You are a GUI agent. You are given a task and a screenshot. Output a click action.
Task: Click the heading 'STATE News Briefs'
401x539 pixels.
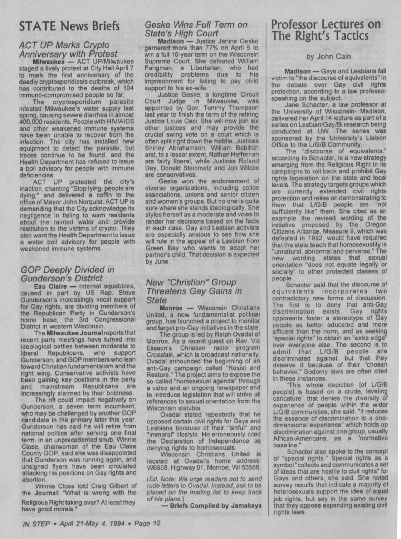69,26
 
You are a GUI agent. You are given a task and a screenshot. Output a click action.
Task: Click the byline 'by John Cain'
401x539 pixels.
328,56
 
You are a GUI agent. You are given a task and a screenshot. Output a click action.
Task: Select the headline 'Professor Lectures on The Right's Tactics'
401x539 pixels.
326,30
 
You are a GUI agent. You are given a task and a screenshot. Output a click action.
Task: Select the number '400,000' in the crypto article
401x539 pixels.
31,121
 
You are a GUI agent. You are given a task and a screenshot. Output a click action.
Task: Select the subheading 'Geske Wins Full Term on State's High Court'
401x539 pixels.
196,29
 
